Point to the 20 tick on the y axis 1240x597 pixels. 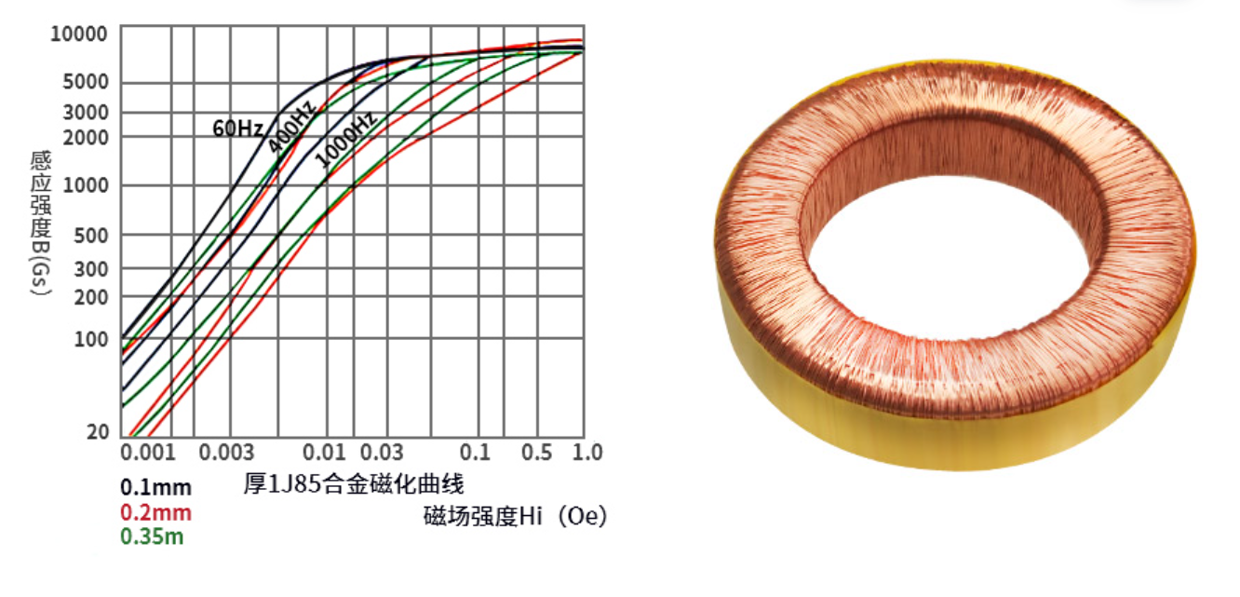[98, 432]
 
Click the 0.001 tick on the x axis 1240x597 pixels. [149, 453]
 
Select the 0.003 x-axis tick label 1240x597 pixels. [227, 453]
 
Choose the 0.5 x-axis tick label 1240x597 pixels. [536, 453]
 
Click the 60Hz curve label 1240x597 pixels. [238, 129]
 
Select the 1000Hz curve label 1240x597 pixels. [345, 141]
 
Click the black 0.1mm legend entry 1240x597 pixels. [155, 487]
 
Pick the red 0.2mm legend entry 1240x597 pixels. [155, 512]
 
